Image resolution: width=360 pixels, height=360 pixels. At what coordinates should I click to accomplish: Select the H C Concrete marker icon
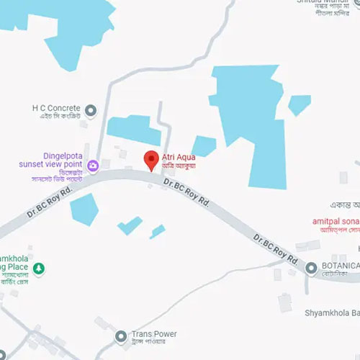[90, 110]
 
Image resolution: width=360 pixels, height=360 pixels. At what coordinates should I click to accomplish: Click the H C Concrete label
[56, 109]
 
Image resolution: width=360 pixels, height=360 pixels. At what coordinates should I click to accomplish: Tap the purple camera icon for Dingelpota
[94, 166]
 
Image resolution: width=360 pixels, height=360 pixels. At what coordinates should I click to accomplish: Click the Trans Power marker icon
[121, 336]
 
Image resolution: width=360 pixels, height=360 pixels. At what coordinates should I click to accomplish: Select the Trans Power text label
[154, 334]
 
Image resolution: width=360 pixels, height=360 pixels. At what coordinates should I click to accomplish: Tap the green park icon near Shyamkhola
[40, 269]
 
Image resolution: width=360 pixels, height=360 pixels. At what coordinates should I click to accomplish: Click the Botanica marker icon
[311, 269]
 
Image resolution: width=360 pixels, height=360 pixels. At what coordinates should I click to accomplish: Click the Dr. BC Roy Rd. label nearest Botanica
[276, 248]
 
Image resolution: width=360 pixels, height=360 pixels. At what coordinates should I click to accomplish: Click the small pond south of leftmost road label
[84, 210]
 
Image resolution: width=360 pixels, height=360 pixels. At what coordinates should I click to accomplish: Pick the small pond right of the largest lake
[299, 105]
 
